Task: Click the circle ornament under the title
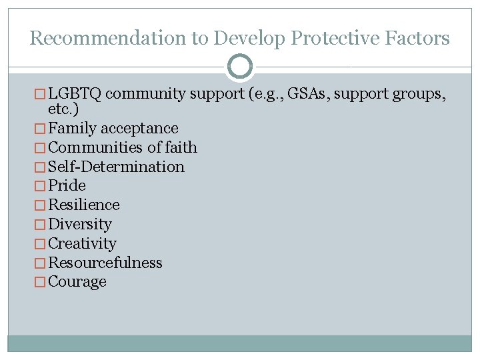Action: [240, 67]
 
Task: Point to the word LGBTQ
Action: [75, 94]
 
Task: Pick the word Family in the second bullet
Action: [72, 128]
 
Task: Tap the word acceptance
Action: [139, 128]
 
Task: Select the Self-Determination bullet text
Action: [117, 167]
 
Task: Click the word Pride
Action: [67, 185]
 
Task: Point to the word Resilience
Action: [84, 205]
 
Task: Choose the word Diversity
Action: [80, 224]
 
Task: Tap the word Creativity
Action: [82, 243]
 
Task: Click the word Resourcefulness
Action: [105, 263]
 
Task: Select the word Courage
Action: [77, 282]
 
